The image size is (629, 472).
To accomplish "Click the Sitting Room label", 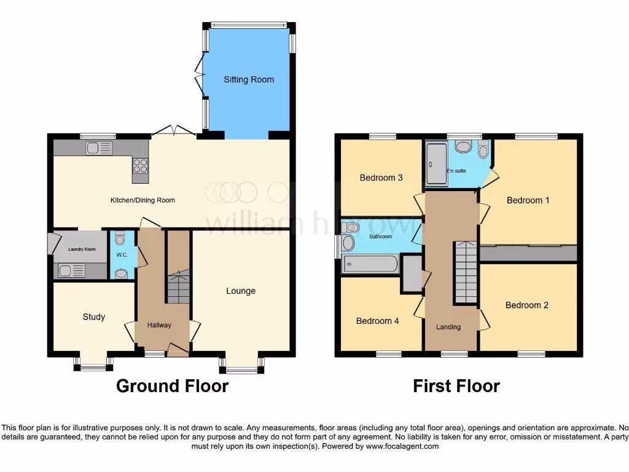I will (x=249, y=80).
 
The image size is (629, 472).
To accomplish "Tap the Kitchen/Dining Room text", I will (x=143, y=200).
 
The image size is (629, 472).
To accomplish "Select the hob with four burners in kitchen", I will (x=140, y=165).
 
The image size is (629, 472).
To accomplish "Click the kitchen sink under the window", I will (x=99, y=147).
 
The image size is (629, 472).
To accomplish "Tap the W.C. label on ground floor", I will (x=122, y=254).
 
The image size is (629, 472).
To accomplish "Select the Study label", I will (x=94, y=317).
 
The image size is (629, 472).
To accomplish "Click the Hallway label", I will (x=159, y=325).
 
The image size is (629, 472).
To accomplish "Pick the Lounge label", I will (x=241, y=291).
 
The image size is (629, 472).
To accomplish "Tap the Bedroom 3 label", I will (x=381, y=178).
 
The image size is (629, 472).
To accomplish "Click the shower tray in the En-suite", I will (x=437, y=163).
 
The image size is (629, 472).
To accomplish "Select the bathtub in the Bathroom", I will (x=370, y=264).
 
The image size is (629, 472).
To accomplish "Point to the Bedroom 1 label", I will (x=528, y=200).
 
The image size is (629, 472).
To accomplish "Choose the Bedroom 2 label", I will (x=527, y=305).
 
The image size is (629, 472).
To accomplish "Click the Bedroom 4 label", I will (x=378, y=321).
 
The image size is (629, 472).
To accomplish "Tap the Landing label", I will (x=448, y=327).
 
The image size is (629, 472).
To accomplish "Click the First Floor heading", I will (x=456, y=386).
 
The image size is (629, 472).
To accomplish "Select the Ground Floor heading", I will (x=173, y=386).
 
